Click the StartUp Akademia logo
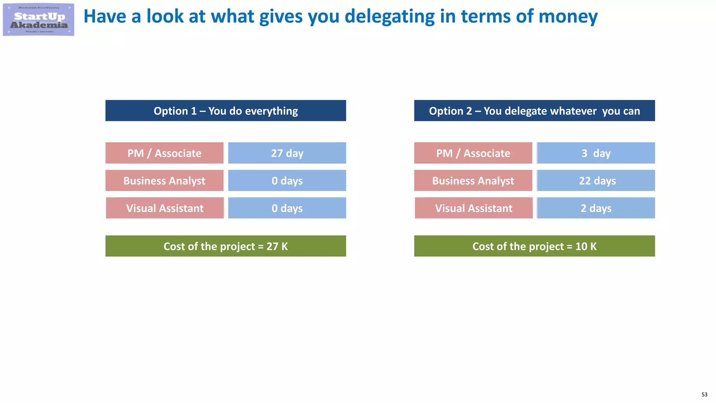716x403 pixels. pos(38,20)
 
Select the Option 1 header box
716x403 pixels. pos(225,111)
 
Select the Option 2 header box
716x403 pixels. pos(534,111)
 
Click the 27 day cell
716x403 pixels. pos(287,153)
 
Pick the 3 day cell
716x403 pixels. pos(596,153)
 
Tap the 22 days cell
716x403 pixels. pos(596,181)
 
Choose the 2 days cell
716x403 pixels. pos(596,208)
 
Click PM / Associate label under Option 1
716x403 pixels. pos(164,153)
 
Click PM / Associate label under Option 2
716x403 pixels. pos(473,153)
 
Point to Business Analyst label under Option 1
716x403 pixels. pos(164,181)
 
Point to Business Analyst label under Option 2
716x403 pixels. pos(473,181)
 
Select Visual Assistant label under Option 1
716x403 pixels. pos(165,208)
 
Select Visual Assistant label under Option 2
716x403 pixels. pos(473,208)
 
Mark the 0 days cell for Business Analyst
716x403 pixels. pos(287,181)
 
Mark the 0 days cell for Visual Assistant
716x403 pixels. pos(287,208)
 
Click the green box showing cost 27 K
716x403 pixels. pos(225,246)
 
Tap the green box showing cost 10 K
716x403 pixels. pos(534,246)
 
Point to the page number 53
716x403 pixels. pos(704,395)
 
